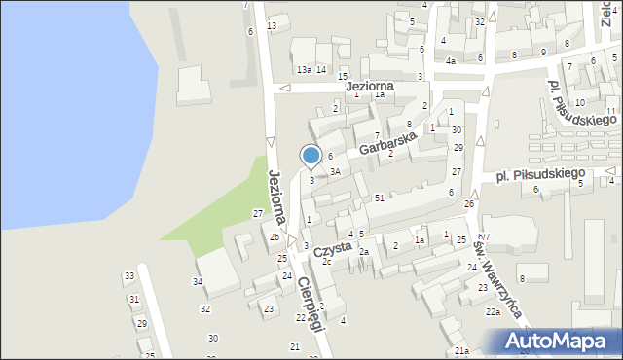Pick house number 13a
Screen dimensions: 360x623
(305, 70)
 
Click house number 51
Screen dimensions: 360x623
(380, 198)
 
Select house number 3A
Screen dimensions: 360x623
(334, 171)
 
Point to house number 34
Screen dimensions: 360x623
(198, 282)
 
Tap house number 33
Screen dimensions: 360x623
(129, 276)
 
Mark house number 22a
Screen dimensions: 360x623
(494, 311)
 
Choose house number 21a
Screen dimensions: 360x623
(461, 350)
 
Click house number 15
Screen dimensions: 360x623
(343, 76)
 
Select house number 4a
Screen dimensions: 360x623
(451, 61)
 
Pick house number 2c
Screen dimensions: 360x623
(327, 262)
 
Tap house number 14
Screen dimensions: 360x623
(320, 70)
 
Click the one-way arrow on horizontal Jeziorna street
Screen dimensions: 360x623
(285, 89)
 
